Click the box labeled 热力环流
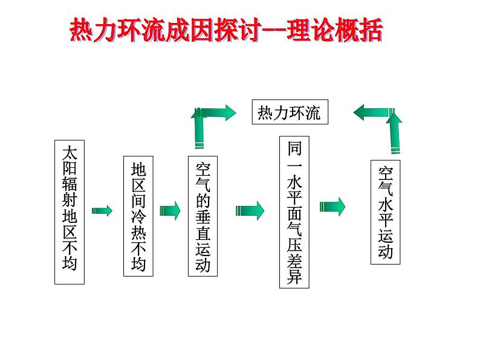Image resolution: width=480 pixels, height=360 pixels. tap(290, 112)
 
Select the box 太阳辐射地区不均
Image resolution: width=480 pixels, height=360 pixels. tap(70, 212)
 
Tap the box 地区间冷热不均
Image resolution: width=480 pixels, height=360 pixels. tap(138, 217)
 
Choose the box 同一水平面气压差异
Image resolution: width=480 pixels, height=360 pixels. tap(294, 211)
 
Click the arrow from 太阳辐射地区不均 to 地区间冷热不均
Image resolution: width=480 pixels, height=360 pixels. tap(102, 210)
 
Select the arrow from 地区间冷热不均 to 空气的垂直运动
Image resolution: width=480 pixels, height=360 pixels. tap(170, 210)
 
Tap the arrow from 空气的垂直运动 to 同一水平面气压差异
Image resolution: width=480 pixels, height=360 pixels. tap(250, 210)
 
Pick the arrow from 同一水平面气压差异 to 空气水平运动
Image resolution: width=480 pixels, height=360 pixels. tap(332, 206)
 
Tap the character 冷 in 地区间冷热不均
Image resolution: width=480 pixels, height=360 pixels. tap(138, 216)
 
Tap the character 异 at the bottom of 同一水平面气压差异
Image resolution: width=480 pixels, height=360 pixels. tap(294, 278)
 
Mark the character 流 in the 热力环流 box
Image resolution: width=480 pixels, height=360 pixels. tap(313, 113)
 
